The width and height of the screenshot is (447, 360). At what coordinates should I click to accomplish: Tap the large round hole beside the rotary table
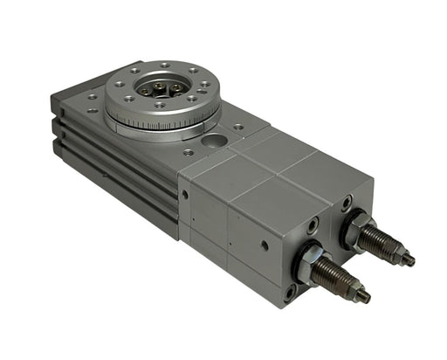pyautogui.click(x=210, y=139)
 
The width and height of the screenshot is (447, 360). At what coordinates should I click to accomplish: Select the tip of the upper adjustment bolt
pyautogui.click(x=409, y=260)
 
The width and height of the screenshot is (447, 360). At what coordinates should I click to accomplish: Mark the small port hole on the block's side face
pyautogui.click(x=264, y=246)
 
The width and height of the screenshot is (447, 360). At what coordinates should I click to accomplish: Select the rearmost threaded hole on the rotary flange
pyautogui.click(x=165, y=66)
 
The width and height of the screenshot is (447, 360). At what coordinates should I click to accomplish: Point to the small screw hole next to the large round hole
pyautogui.click(x=237, y=128)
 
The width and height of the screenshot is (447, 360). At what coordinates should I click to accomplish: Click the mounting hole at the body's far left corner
pyautogui.click(x=93, y=96)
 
